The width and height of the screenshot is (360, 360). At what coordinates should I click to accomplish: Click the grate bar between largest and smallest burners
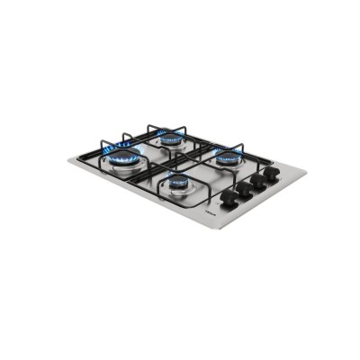click(x=148, y=180)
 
